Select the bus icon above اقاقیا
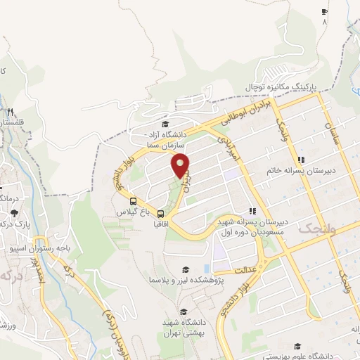tap(161, 214)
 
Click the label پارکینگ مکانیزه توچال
tap(281, 86)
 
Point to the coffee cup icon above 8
tap(324, 12)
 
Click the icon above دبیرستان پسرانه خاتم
tap(301, 160)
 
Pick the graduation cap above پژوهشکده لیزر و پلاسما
tap(186, 269)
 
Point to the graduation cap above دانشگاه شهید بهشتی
tap(184, 312)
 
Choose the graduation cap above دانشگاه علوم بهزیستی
tap(299, 346)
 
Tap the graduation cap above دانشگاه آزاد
tap(165, 124)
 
